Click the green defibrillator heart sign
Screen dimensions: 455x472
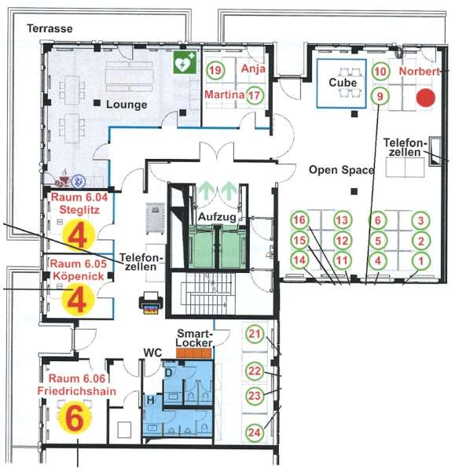click(x=185, y=63)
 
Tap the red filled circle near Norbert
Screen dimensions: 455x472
click(x=425, y=98)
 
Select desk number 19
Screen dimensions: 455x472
click(x=215, y=70)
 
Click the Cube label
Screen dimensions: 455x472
click(x=343, y=82)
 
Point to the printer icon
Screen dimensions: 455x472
click(x=151, y=303)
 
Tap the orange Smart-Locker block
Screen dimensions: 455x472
click(x=194, y=353)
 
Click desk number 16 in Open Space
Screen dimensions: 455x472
click(x=299, y=219)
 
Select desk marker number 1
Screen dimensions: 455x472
click(x=421, y=260)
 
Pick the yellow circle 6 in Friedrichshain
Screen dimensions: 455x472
click(x=75, y=418)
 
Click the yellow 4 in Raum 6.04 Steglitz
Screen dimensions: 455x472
click(x=79, y=235)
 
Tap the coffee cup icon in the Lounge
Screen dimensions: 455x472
click(x=63, y=180)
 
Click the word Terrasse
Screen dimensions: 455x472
click(x=50, y=28)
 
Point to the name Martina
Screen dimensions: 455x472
click(x=224, y=94)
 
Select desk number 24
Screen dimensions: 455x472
click(x=255, y=433)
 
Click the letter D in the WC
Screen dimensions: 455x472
click(x=168, y=373)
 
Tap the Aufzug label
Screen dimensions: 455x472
click(x=217, y=217)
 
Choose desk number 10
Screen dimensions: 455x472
click(x=380, y=72)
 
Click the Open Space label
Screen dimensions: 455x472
click(x=342, y=170)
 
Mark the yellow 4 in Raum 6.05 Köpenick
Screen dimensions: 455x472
click(x=77, y=300)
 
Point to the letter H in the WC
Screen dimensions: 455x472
click(x=151, y=400)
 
